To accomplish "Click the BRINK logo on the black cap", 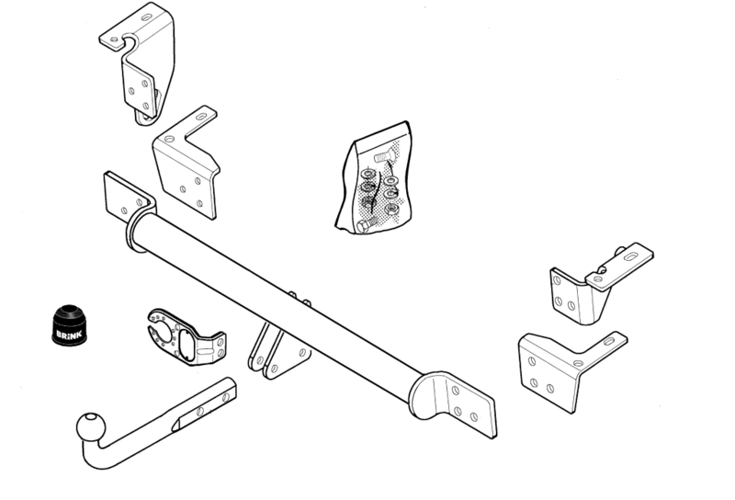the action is [x=70, y=334].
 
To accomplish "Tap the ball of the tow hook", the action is [x=91, y=426].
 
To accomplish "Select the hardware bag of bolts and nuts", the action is [x=374, y=177].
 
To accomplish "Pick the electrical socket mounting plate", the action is [x=187, y=336].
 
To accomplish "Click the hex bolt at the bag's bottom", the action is [x=367, y=224].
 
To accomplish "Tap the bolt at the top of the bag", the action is [x=385, y=154].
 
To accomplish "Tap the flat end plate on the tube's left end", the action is [x=124, y=197].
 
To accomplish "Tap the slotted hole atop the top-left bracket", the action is [x=147, y=17].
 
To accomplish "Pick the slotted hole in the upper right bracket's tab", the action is [x=630, y=256].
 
